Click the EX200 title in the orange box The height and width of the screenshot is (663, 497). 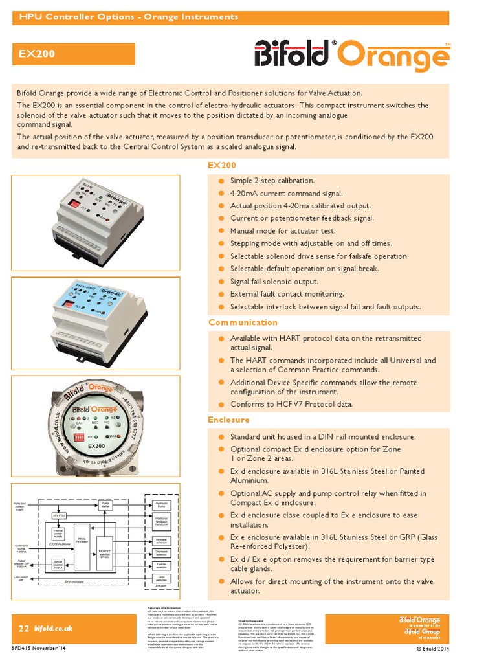[x=36, y=55]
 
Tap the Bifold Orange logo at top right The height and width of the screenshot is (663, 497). [x=352, y=54]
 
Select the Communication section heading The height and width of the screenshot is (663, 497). [x=243, y=322]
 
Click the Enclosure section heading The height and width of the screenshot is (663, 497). [x=228, y=420]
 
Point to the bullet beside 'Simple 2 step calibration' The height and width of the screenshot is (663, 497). [x=221, y=181]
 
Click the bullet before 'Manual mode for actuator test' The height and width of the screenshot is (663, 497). [x=221, y=231]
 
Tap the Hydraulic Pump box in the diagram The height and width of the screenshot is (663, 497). [x=162, y=504]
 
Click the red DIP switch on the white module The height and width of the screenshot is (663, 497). [x=74, y=203]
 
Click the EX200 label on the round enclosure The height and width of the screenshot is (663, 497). [x=96, y=447]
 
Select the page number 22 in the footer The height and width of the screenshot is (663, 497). [x=23, y=628]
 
